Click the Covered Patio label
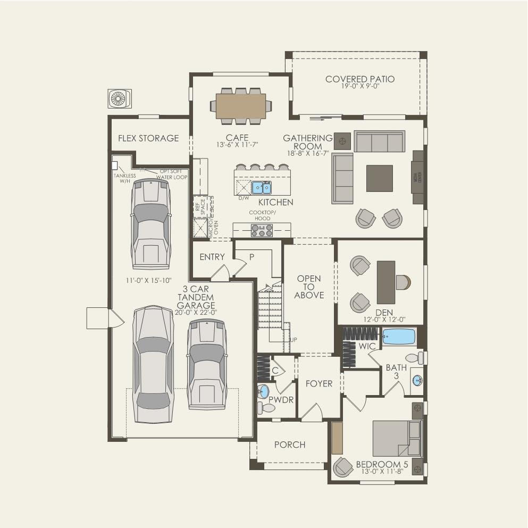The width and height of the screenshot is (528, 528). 360,79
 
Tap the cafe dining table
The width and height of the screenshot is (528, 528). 241,106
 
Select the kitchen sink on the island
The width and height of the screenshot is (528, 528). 261,187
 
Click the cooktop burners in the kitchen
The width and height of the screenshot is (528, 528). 262,230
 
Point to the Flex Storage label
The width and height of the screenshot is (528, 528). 148,138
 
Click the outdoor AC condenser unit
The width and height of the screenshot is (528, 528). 119,98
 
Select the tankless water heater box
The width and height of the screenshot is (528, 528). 114,165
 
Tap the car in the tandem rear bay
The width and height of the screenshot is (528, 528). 151,223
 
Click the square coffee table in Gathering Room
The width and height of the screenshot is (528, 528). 379,178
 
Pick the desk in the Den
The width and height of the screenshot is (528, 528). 386,282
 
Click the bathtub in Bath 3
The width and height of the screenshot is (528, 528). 399,337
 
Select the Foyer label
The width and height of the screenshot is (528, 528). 319,383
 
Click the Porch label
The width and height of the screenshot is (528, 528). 290,445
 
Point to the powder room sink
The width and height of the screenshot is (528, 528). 263,392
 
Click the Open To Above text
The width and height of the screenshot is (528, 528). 309,287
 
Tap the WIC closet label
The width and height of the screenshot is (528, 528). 367,346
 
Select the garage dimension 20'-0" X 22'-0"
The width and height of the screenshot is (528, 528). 196,313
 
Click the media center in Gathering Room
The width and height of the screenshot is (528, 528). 417,177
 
